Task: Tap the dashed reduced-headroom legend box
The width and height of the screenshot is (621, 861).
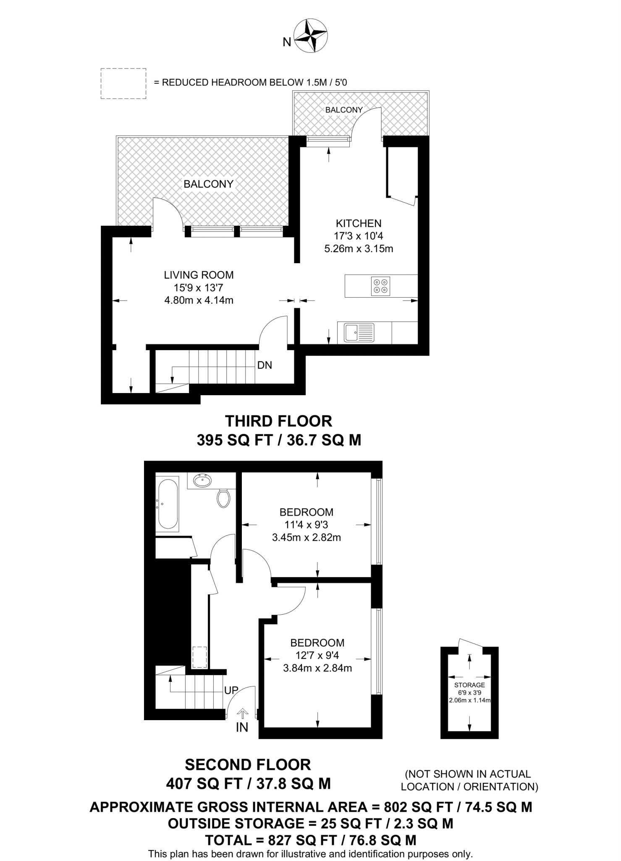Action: (x=123, y=84)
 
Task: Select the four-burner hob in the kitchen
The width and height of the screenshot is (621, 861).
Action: (x=380, y=286)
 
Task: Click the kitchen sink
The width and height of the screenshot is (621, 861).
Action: (x=359, y=332)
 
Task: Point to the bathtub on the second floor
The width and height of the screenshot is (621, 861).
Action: (x=167, y=503)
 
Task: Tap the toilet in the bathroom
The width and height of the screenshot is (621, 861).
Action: (x=224, y=498)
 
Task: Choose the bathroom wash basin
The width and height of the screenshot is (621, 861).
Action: (x=203, y=480)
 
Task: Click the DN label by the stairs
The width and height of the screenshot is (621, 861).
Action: (x=265, y=365)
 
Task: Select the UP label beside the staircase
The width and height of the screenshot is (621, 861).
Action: (x=231, y=690)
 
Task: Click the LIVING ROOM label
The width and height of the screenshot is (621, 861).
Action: (x=199, y=275)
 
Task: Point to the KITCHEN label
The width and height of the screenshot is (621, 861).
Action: (x=359, y=223)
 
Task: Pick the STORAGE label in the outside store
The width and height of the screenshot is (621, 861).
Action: (x=469, y=685)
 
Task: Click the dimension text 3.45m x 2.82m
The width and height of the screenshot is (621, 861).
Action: (x=306, y=537)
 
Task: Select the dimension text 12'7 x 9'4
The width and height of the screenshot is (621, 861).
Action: (x=317, y=655)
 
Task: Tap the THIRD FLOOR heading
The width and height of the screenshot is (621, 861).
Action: (x=278, y=421)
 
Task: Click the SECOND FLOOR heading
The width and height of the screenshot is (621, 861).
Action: (x=248, y=764)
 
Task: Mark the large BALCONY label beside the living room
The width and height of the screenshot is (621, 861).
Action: (x=208, y=184)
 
